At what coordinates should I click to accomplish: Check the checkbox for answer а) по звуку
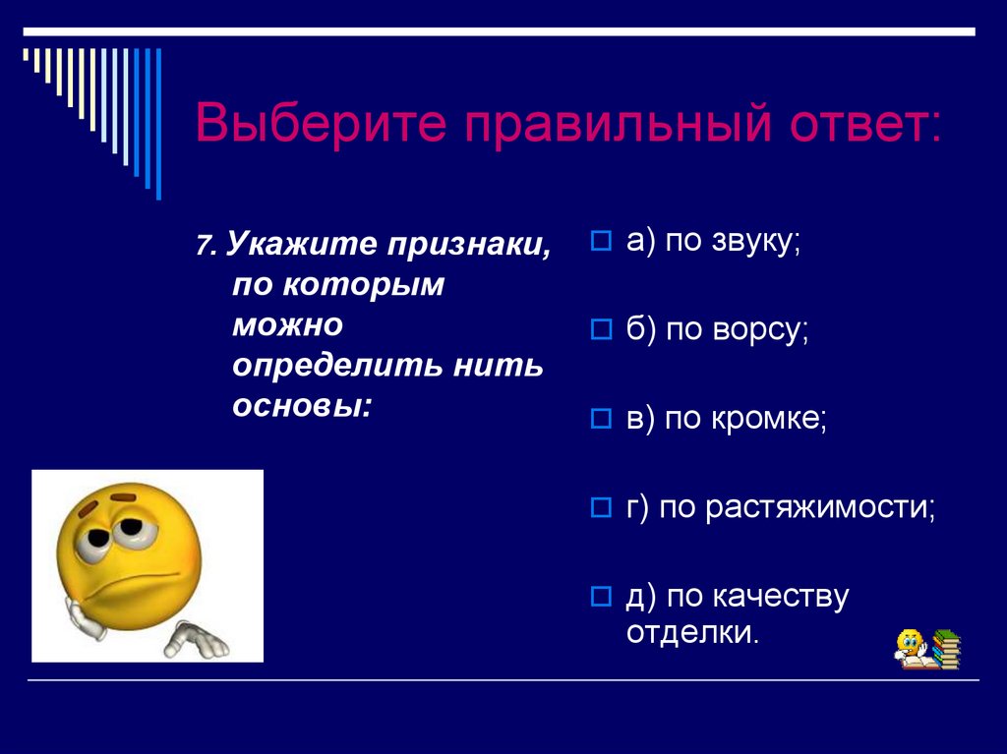(601, 242)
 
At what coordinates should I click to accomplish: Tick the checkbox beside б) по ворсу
(601, 331)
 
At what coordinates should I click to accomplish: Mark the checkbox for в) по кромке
(601, 420)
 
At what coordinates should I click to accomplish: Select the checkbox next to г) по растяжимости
(601, 508)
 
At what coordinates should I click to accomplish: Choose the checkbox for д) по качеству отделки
(601, 596)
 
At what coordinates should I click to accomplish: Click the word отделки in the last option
(692, 632)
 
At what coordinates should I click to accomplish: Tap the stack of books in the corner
(945, 650)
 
